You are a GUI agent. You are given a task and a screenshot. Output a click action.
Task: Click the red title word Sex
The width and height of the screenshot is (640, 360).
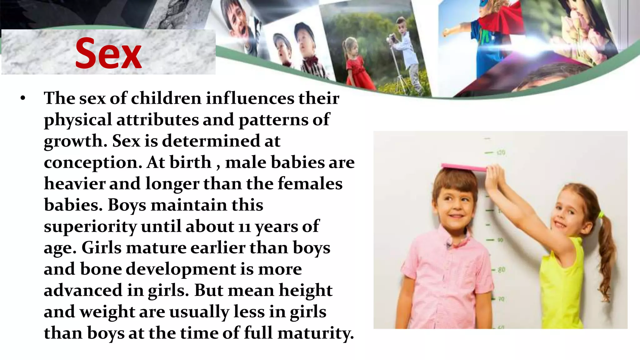(108, 53)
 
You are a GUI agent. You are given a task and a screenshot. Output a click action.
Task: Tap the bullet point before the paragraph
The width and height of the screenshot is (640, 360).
(22, 98)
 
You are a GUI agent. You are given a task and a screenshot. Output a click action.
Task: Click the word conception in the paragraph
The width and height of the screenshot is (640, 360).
(93, 162)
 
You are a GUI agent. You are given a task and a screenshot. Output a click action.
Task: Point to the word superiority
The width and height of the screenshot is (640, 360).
(90, 227)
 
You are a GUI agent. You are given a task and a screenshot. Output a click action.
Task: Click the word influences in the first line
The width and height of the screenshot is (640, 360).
(250, 98)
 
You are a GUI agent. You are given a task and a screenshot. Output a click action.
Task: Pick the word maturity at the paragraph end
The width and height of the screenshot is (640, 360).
(315, 333)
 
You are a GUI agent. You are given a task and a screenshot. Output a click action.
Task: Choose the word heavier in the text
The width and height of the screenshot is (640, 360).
(74, 184)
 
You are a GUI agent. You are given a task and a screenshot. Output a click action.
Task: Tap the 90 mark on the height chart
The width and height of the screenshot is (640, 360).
(500, 240)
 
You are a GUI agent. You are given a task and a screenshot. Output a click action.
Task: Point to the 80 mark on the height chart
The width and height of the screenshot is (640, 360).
(501, 269)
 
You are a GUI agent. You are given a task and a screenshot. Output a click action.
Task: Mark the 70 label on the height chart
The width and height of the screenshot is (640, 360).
(501, 299)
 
